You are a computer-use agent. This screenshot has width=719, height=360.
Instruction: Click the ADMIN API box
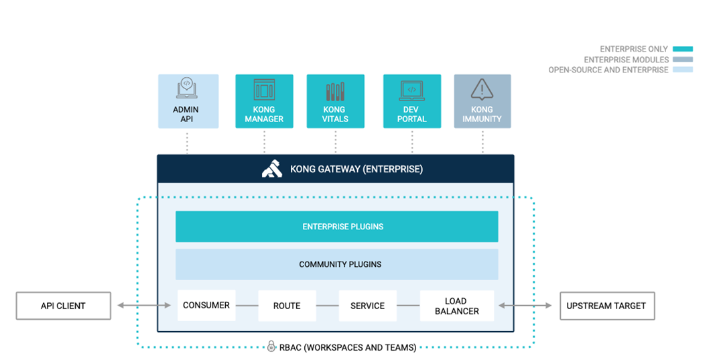pos(188,101)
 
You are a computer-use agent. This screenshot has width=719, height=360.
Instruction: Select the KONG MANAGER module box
pos(264,101)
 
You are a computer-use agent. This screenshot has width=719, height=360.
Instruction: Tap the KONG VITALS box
pos(335,101)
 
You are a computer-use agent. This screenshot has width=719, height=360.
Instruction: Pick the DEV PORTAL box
pos(411,101)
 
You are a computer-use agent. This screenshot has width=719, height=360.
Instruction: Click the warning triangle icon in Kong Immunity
pos(482,89)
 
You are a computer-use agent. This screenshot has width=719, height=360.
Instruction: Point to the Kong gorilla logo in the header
pos(271,169)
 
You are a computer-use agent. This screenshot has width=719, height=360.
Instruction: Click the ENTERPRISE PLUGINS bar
pos(336,227)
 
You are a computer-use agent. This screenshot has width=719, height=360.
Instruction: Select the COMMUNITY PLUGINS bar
pos(336,264)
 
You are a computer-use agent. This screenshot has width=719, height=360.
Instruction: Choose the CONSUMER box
pos(206,306)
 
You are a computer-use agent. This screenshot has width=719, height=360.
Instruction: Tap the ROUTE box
pos(287,306)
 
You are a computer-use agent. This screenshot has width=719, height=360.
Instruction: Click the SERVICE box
pos(367,306)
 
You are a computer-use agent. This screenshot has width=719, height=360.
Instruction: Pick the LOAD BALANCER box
pos(456,306)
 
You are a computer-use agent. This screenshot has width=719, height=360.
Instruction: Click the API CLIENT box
pos(64,306)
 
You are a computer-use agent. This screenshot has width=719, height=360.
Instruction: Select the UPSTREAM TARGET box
pos(606,306)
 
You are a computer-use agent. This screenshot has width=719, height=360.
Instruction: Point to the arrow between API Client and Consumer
pos(144,306)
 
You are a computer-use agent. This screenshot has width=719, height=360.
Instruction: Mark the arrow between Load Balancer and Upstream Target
pos(527,306)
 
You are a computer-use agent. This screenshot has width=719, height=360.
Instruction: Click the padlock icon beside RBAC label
pos(271,347)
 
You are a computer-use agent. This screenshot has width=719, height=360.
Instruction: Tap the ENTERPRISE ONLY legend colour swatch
pos(683,49)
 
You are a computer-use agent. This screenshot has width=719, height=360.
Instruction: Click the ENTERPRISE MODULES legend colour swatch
pos(683,60)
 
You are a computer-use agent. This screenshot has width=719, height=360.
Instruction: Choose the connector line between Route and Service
pos(327,306)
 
